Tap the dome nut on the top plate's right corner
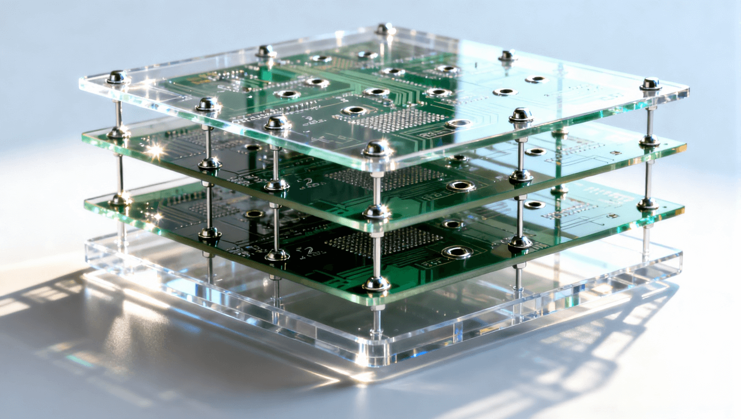pyautogui.click(x=650, y=84)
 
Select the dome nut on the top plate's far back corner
pyautogui.click(x=385, y=28)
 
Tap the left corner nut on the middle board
pyautogui.click(x=118, y=133)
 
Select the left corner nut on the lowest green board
pyautogui.click(x=119, y=200)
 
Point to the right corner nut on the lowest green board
pyautogui.click(x=648, y=204)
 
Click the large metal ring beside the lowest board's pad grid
pyautogui.click(x=456, y=252)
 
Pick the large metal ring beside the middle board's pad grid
pyautogui.click(x=460, y=186)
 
